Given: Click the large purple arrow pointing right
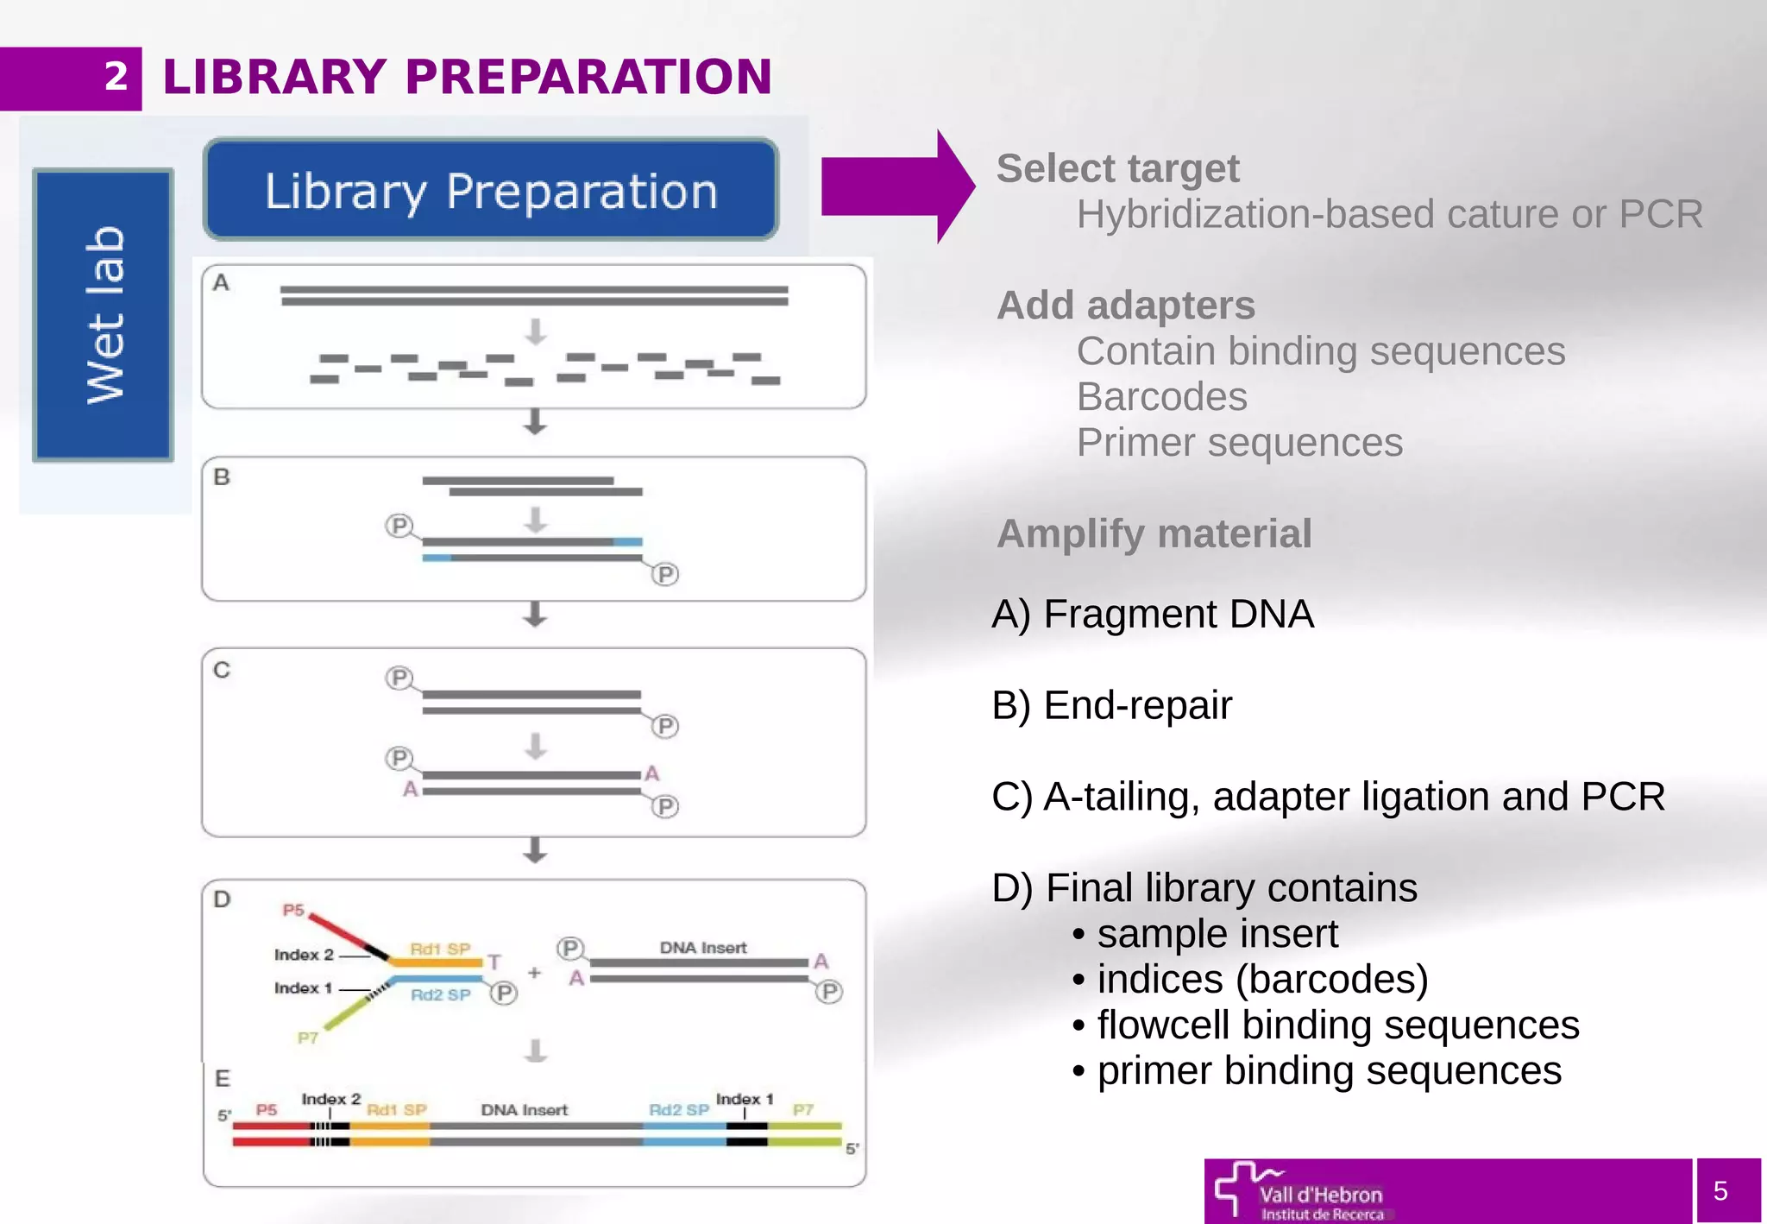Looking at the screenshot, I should [897, 186].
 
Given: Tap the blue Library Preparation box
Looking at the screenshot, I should [491, 190].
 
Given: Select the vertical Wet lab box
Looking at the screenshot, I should [104, 315].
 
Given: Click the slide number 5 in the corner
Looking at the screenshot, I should [1720, 1191].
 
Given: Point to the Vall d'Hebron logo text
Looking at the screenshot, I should [1320, 1196].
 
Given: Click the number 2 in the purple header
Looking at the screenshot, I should [116, 77].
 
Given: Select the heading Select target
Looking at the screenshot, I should [1117, 168].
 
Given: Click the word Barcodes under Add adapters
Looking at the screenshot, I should [1161, 397].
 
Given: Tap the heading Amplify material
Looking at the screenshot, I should [1154, 533].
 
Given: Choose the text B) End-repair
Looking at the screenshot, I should [1111, 705].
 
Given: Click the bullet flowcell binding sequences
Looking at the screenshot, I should [1337, 1025].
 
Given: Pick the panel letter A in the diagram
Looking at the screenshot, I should [222, 283].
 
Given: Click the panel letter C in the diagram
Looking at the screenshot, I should [222, 670].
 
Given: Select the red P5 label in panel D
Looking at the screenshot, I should [293, 910].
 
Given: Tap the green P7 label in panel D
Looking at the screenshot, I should [308, 1038].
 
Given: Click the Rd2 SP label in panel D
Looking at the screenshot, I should [440, 995].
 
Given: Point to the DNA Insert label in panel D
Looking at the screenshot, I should [703, 948].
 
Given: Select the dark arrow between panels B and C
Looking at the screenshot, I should [535, 615].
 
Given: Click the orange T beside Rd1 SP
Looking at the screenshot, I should [494, 962].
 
